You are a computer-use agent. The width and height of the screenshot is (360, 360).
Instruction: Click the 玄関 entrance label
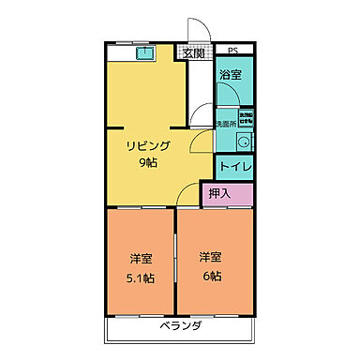tap(193, 53)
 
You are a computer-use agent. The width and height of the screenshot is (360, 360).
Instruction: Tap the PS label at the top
tap(232, 50)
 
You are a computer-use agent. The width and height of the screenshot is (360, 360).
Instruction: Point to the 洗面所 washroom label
tap(225, 123)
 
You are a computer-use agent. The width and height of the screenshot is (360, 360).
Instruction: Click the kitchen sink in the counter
tap(145, 53)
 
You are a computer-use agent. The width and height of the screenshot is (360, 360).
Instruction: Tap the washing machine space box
tap(245, 118)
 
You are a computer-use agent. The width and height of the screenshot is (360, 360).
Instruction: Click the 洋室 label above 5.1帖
tap(140, 259)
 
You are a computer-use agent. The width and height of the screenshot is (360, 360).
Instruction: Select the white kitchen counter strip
tap(141, 53)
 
